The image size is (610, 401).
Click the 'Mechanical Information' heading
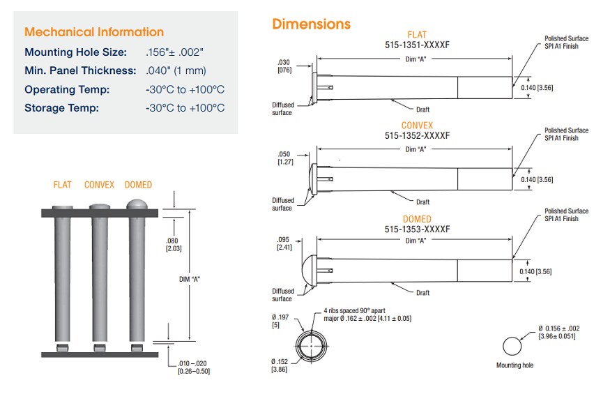point(94,32)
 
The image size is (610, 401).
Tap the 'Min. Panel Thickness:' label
point(80,70)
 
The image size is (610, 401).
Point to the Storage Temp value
point(185,107)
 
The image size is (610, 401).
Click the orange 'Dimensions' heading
point(311,24)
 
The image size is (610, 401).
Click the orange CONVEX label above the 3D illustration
point(99,185)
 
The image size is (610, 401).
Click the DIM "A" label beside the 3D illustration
point(183,278)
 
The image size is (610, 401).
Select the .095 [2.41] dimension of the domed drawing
point(284,243)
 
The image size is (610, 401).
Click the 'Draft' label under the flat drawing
point(423,109)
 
